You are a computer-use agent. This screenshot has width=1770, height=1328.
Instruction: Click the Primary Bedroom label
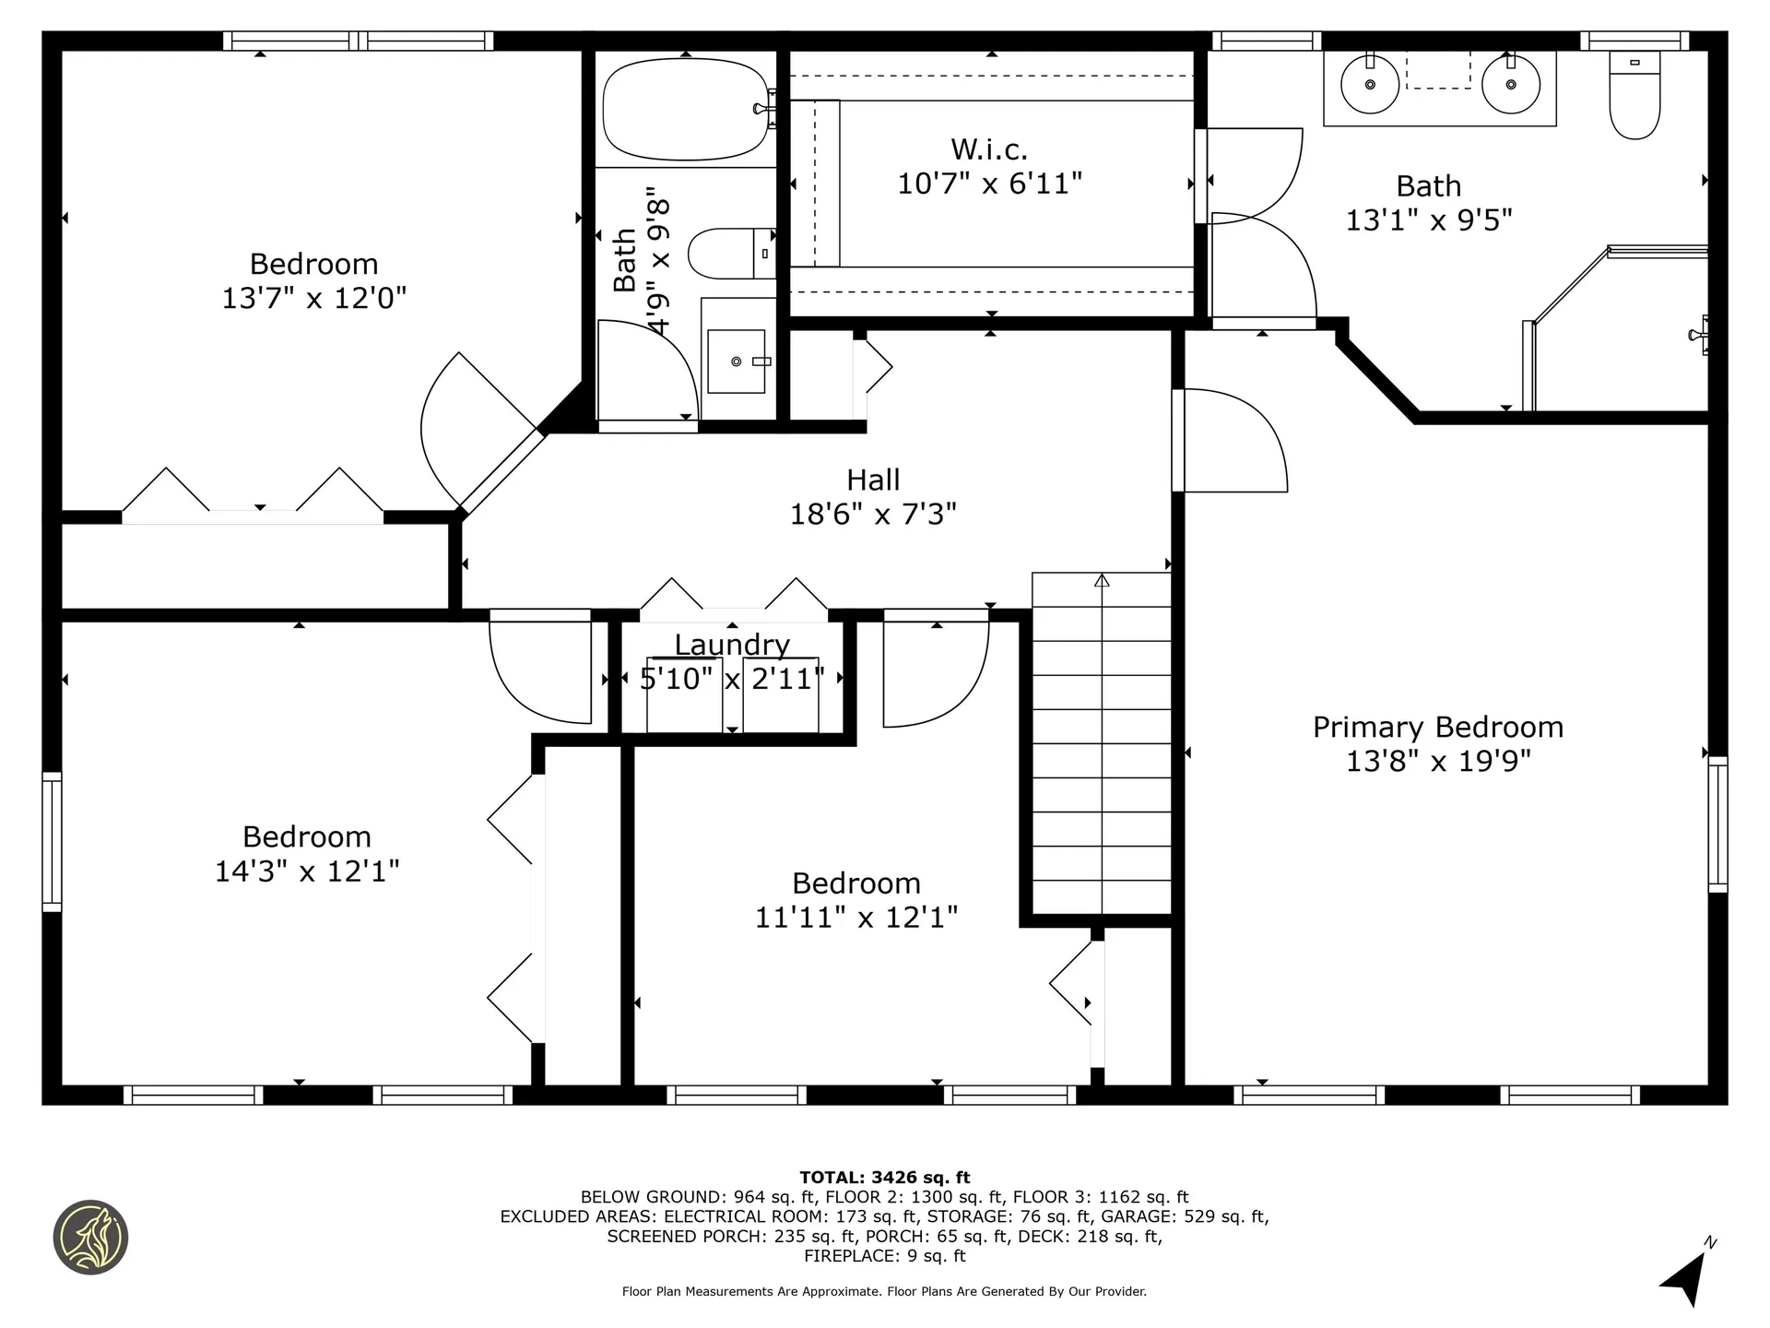pos(1437,728)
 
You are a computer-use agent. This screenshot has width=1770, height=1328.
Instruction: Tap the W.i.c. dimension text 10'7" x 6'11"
pos(989,184)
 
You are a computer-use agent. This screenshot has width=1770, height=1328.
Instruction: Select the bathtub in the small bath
pos(685,110)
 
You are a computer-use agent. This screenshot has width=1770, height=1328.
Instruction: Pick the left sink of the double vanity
pos(1370,85)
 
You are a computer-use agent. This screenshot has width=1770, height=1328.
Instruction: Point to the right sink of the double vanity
pos(1511,85)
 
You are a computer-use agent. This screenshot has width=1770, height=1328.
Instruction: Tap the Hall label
pos(873,480)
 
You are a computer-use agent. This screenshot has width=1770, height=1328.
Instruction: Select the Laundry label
pos(732,645)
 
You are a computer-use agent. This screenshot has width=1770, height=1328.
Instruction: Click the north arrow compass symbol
pos(1687,1277)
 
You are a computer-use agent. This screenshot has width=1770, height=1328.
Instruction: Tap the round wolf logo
pos(90,1238)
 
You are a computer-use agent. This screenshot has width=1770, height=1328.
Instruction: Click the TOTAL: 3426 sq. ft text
pos(884,1177)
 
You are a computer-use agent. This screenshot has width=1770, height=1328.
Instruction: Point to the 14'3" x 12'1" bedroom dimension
pos(307,871)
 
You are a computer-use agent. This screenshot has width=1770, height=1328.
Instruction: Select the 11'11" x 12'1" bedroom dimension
pos(856,918)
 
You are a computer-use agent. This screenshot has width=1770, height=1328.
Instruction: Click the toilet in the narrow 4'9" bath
pos(731,254)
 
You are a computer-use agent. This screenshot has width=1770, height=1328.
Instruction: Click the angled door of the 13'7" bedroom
pos(479,433)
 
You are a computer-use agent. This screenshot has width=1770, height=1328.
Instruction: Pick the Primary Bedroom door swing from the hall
pos(1231,441)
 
